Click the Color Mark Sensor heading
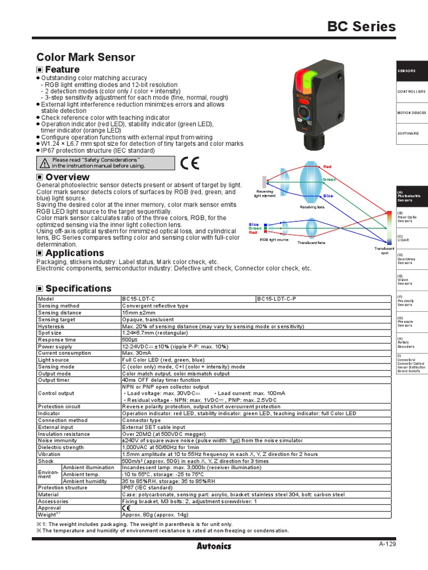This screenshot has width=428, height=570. coord(85,57)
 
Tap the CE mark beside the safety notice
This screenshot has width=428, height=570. coord(189,163)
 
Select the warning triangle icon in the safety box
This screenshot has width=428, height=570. coord(45,163)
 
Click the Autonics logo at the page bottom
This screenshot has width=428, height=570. coord(213,546)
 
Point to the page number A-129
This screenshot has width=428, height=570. coord(387,544)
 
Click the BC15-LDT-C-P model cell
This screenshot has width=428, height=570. coord(276,299)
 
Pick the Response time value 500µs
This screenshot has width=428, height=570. coord(130,339)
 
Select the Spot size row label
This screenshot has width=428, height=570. coord(50,332)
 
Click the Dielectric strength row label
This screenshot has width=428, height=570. coord(61,447)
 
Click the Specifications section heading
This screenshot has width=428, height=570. coord(78,288)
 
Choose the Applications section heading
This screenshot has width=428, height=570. coord(74,253)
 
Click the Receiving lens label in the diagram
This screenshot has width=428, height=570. coord(313,207)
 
